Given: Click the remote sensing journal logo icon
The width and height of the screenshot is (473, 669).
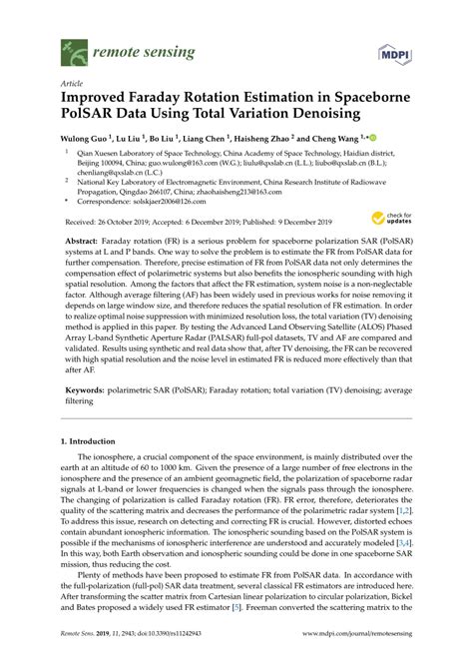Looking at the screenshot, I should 71,46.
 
